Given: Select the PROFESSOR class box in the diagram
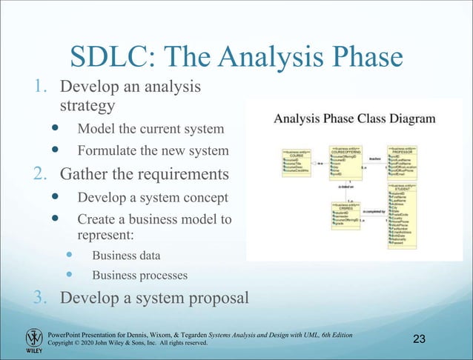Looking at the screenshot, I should click(406, 159).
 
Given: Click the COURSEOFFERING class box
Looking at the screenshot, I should click(345, 164).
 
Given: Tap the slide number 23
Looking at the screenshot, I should click(418, 339).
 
